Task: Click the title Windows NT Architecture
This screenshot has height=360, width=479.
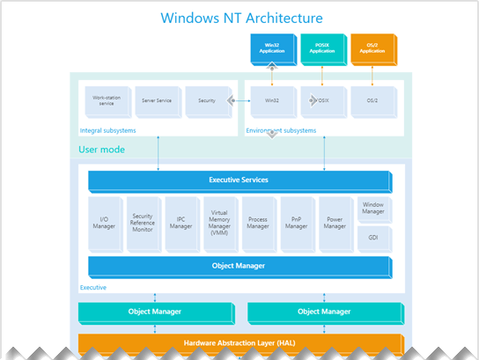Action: (239, 18)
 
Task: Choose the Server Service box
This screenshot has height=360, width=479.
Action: (156, 101)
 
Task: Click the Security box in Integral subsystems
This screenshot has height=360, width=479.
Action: (206, 101)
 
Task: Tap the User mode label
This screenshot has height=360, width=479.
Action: (101, 150)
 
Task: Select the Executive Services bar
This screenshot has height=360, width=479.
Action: (239, 180)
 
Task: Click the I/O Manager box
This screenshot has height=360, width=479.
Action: (104, 222)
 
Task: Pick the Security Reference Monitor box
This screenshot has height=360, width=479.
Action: (143, 222)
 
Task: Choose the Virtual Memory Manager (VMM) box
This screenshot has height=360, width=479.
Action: (220, 222)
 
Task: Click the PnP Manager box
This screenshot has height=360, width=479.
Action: (297, 222)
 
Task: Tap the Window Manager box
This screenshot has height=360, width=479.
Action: (373, 209)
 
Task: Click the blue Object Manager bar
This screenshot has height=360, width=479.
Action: (239, 266)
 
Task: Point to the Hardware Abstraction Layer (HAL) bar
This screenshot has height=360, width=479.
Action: (239, 343)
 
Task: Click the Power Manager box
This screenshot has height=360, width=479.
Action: (335, 222)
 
